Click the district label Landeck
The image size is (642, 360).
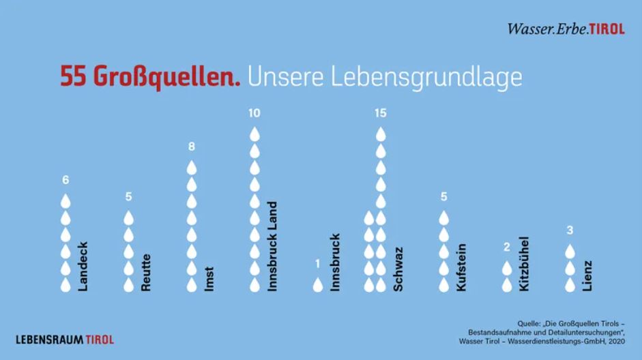pyautogui.click(x=83, y=267)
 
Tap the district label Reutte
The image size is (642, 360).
pyautogui.click(x=145, y=273)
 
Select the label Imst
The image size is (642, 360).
pyautogui.click(x=209, y=279)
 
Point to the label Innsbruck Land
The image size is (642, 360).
pyautogui.click(x=272, y=246)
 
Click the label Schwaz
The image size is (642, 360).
pyautogui.click(x=398, y=269)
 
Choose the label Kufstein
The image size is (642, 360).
pyautogui.click(x=461, y=267)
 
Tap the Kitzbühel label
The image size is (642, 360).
pyautogui.click(x=524, y=264)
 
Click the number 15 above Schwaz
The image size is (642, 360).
pyautogui.click(x=381, y=113)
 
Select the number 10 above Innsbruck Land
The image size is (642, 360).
pyautogui.click(x=254, y=113)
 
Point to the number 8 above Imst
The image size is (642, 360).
pyautogui.click(x=192, y=147)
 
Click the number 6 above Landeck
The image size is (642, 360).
pyautogui.click(x=65, y=180)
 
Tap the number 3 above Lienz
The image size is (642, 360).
pyautogui.click(x=570, y=230)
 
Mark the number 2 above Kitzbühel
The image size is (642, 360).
pyautogui.click(x=507, y=247)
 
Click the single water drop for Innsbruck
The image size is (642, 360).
pyautogui.click(x=318, y=284)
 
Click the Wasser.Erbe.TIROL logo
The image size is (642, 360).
pyautogui.click(x=566, y=29)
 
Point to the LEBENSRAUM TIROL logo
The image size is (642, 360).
pyautogui.click(x=65, y=339)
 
